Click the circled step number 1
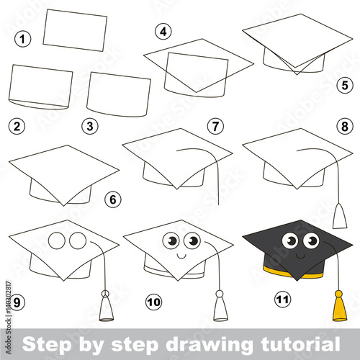tap(23, 39)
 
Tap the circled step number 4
tap(163, 32)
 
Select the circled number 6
tap(113, 199)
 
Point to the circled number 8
tap(345, 126)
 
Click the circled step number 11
tap(282, 300)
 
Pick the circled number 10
tap(154, 302)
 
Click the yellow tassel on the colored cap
tap(340, 306)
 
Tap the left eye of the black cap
tap(290, 240)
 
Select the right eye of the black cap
tap(311, 240)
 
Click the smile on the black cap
tap(300, 257)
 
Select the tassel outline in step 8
tap(340, 215)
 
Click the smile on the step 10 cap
tap(181, 257)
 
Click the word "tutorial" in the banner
tap(300, 344)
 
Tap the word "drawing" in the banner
tap(209, 346)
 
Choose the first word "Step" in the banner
tap(47, 346)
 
